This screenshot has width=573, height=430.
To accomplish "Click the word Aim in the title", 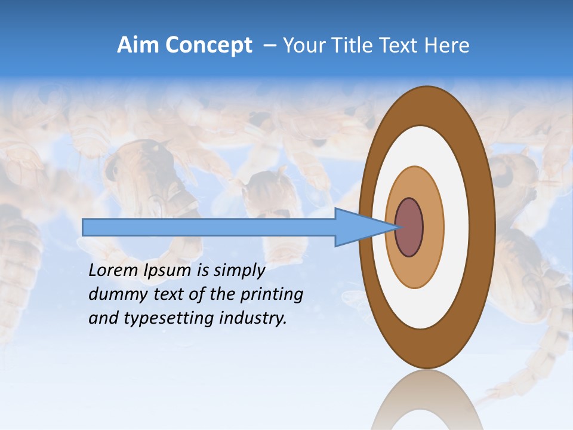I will (x=137, y=45).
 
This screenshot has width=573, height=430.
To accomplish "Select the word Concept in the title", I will (x=208, y=46).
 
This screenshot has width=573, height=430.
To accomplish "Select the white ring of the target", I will (x=454, y=227).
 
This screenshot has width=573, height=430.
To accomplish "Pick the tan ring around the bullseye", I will (x=434, y=228).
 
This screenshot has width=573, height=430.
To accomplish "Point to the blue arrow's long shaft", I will (x=209, y=227).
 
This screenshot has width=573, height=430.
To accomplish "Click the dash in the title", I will (x=269, y=46).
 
